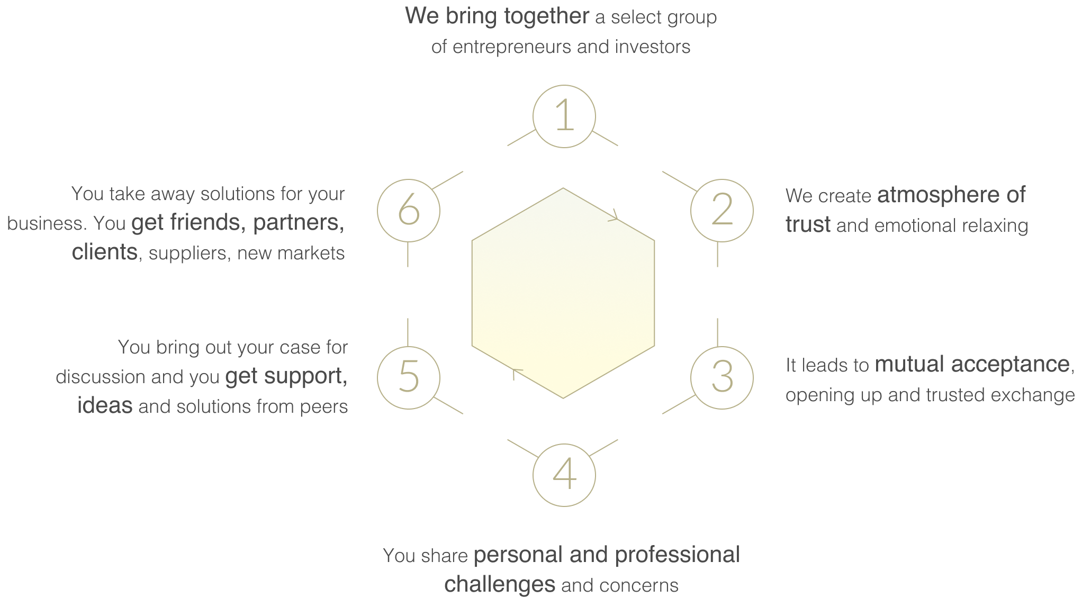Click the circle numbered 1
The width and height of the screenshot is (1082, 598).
tap(564, 116)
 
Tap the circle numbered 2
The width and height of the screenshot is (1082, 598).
tap(722, 210)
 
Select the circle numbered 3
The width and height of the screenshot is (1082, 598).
tap(722, 377)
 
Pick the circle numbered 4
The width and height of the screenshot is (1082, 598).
tap(564, 475)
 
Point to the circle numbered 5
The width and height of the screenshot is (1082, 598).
tap(408, 377)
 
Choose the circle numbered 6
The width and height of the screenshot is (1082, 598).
tap(408, 210)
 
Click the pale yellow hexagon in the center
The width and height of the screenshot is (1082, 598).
tap(563, 293)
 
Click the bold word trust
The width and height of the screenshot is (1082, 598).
tap(808, 224)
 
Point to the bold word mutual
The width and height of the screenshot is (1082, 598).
tap(909, 364)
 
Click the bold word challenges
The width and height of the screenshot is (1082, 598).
tap(499, 584)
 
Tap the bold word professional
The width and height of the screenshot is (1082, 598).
tap(677, 555)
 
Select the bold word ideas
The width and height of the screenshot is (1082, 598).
tap(105, 405)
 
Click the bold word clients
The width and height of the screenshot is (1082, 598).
tap(105, 252)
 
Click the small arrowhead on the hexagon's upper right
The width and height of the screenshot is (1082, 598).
tap(614, 215)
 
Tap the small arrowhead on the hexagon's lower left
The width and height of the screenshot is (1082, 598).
tap(515, 373)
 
